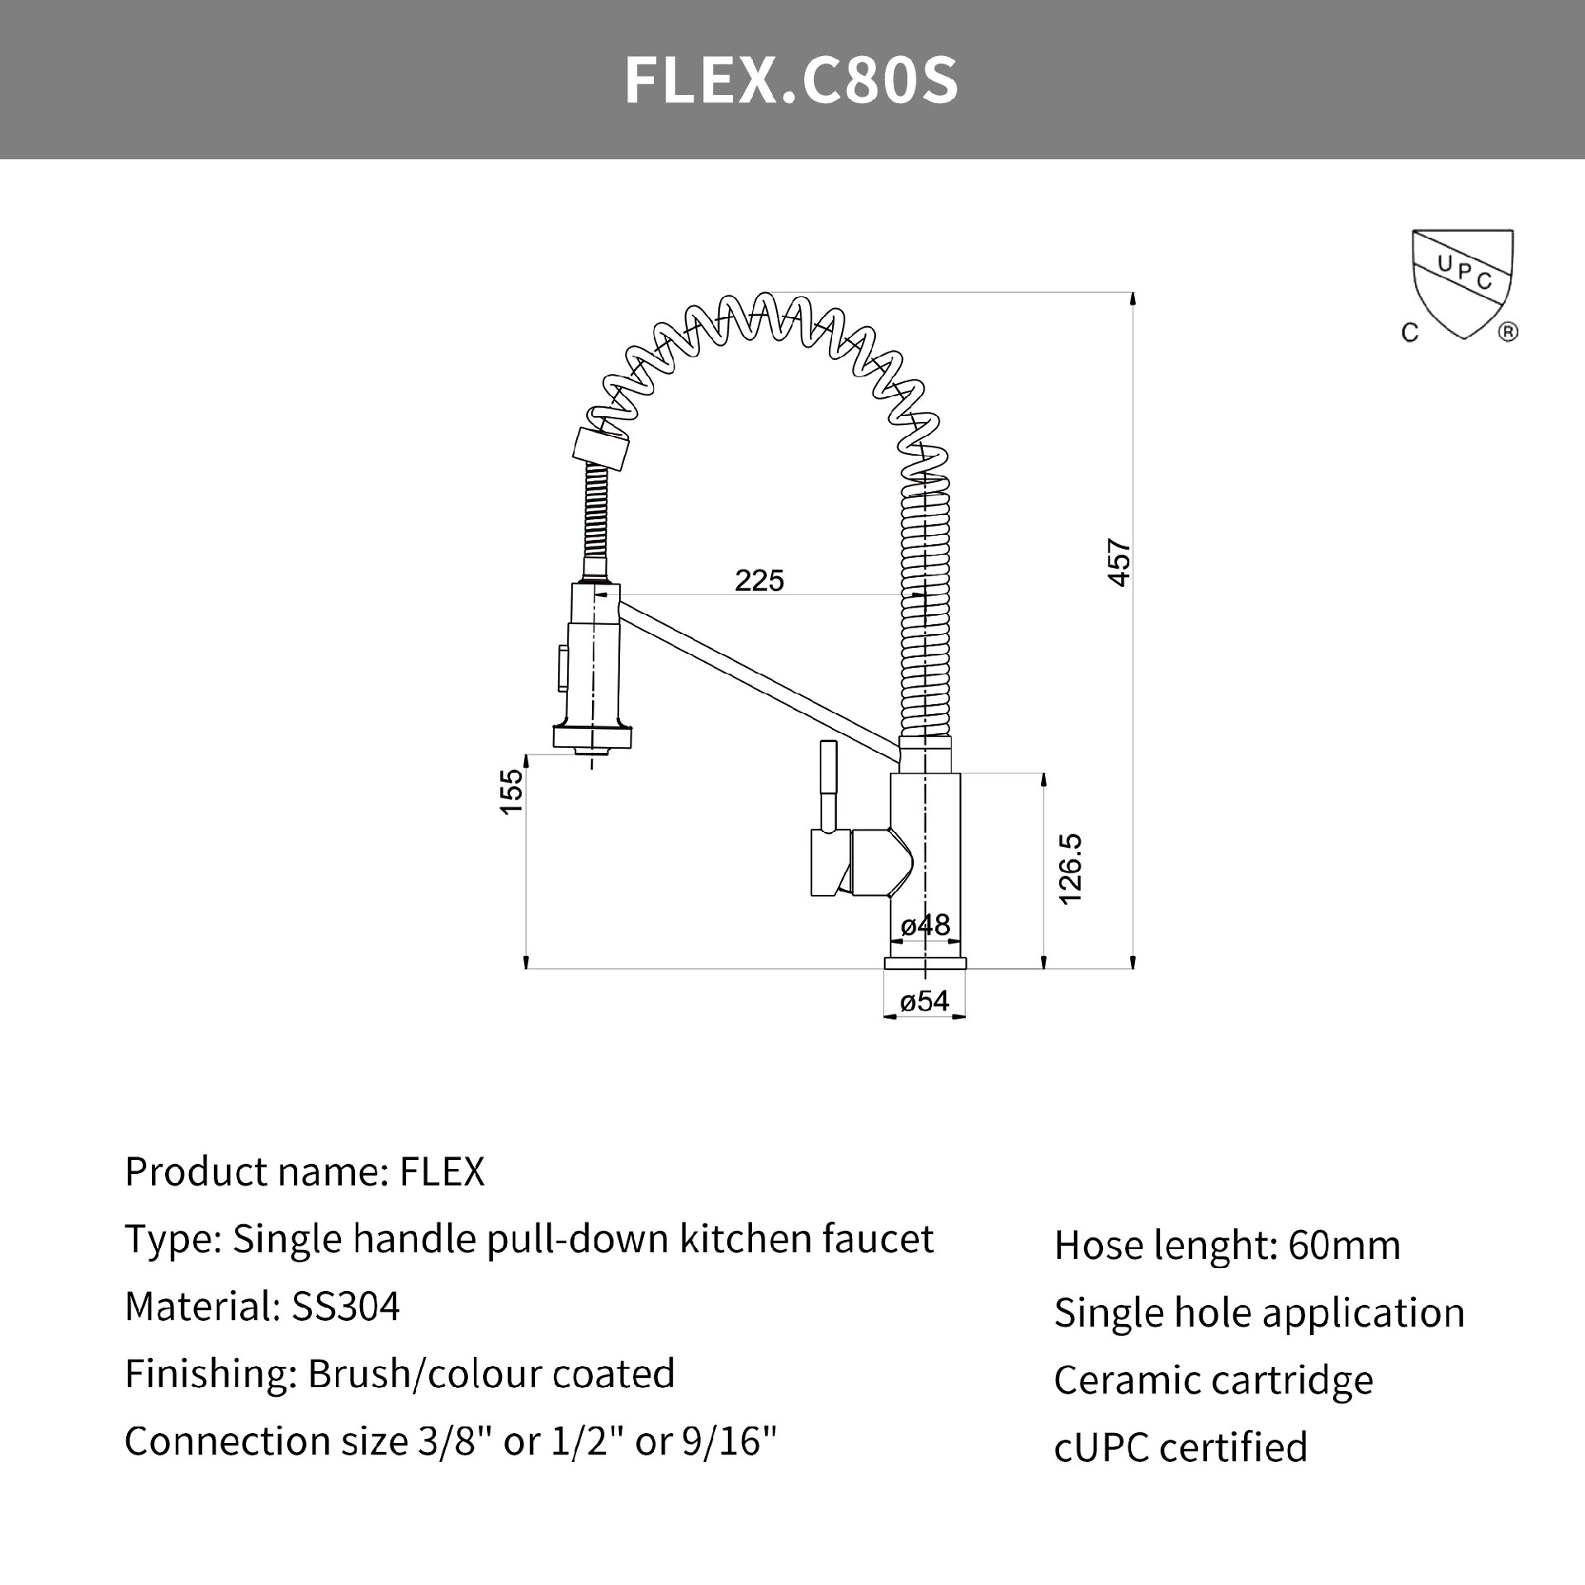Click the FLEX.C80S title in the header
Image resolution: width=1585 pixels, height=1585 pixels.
pyautogui.click(x=791, y=81)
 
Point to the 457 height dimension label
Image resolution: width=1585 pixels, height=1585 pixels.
pyautogui.click(x=1119, y=563)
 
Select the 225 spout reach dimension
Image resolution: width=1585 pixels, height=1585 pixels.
pyautogui.click(x=759, y=581)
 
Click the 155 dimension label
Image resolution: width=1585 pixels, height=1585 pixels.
pyautogui.click(x=512, y=791)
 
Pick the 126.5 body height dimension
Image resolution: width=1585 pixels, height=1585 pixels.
pyautogui.click(x=1070, y=869)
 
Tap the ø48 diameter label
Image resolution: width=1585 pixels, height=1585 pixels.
pyautogui.click(x=925, y=925)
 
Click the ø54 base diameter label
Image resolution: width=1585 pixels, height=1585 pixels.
pyautogui.click(x=925, y=1001)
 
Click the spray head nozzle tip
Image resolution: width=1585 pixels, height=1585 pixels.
pyautogui.click(x=592, y=750)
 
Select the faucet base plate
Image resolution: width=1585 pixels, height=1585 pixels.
pyautogui.click(x=925, y=963)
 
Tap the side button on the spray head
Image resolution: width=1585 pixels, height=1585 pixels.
pyautogui.click(x=563, y=668)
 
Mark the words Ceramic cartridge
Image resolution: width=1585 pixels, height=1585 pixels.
pyautogui.click(x=1213, y=1379)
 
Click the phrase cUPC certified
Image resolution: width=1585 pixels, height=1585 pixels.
pyautogui.click(x=1180, y=1447)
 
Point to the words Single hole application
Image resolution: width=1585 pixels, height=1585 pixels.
pyautogui.click(x=1259, y=1313)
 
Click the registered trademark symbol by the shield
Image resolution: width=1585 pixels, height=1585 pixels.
pyautogui.click(x=1507, y=333)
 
